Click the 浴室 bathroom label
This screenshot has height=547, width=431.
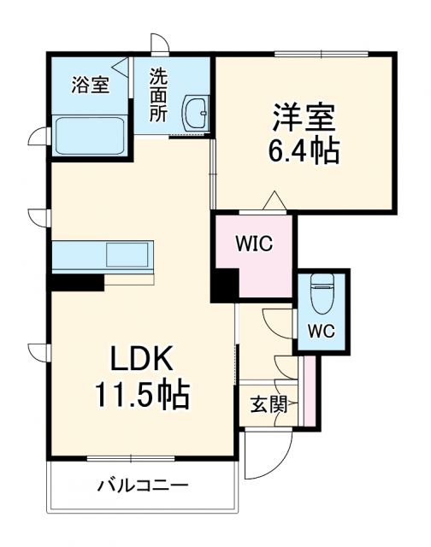(x=90, y=85)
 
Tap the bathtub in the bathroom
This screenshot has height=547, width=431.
(x=89, y=135)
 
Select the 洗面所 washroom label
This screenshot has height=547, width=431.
(x=159, y=94)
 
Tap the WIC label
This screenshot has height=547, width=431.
(x=254, y=244)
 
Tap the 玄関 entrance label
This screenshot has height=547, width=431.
(x=266, y=403)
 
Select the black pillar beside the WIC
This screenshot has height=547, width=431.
(x=224, y=284)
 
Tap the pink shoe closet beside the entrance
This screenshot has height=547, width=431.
(x=310, y=392)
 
